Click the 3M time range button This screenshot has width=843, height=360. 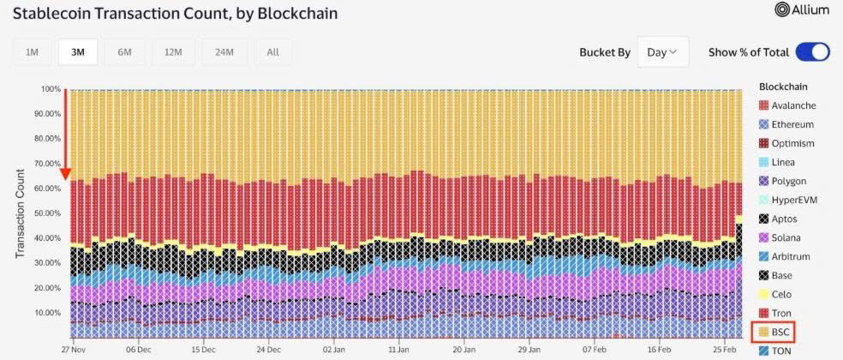tap(78, 52)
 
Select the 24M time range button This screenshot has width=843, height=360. tap(224, 52)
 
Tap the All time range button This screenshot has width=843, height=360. tap(272, 52)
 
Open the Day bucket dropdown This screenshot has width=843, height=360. tap(662, 52)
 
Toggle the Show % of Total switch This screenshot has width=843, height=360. tap(812, 52)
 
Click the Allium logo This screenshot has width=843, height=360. tap(802, 9)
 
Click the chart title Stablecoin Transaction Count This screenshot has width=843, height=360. tap(175, 14)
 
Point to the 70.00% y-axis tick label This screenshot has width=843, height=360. tap(47, 163)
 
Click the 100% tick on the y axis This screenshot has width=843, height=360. tap(51, 88)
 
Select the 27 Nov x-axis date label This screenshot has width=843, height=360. tap(74, 350)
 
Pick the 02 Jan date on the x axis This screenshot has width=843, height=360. tap(333, 350)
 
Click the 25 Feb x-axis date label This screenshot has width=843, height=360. tap(722, 350)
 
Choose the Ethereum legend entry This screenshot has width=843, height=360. tap(792, 124)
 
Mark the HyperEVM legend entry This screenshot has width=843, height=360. tap(793, 200)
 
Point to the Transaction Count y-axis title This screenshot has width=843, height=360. tap(20, 213)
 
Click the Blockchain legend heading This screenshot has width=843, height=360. tap(783, 87)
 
